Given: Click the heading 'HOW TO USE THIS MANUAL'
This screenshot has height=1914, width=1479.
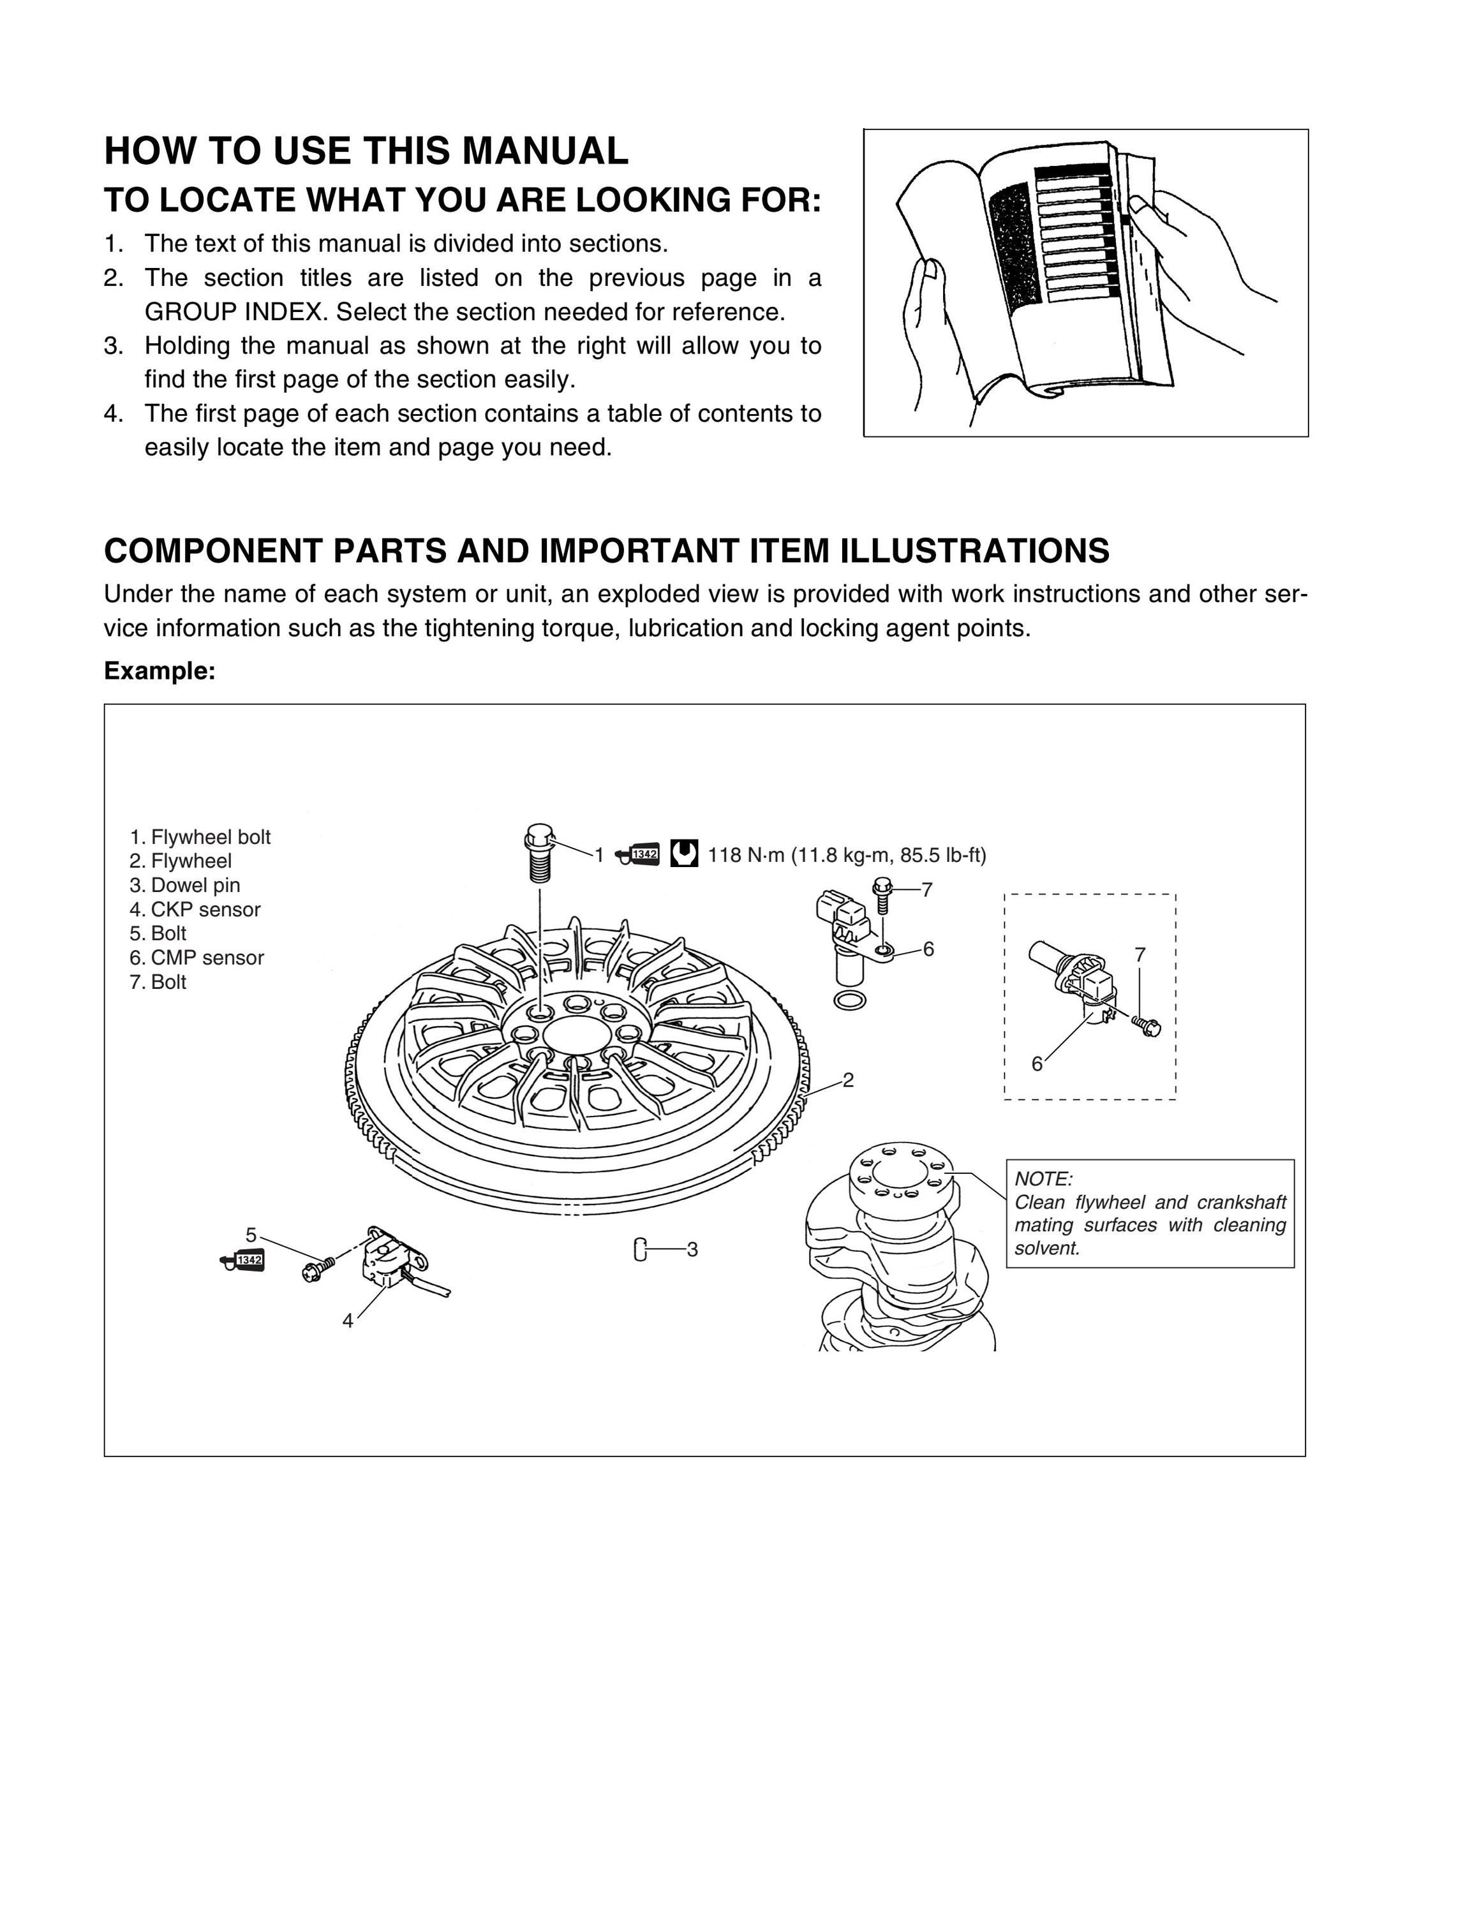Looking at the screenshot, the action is [366, 151].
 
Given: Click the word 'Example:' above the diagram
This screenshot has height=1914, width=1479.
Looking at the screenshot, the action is [160, 671].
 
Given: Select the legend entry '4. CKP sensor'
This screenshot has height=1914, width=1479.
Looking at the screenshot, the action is [195, 910].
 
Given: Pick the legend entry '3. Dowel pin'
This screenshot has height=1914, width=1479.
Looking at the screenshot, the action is [184, 885].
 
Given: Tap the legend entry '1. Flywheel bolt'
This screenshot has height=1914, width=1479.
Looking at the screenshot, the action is [200, 837].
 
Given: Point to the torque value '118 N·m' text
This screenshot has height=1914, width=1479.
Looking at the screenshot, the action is [746, 856].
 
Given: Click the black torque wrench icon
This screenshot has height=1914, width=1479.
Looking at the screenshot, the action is [684, 854].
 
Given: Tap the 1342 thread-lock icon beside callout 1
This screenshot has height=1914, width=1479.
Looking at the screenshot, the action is [638, 854].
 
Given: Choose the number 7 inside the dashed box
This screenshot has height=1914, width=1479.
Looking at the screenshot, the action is [1140, 955].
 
